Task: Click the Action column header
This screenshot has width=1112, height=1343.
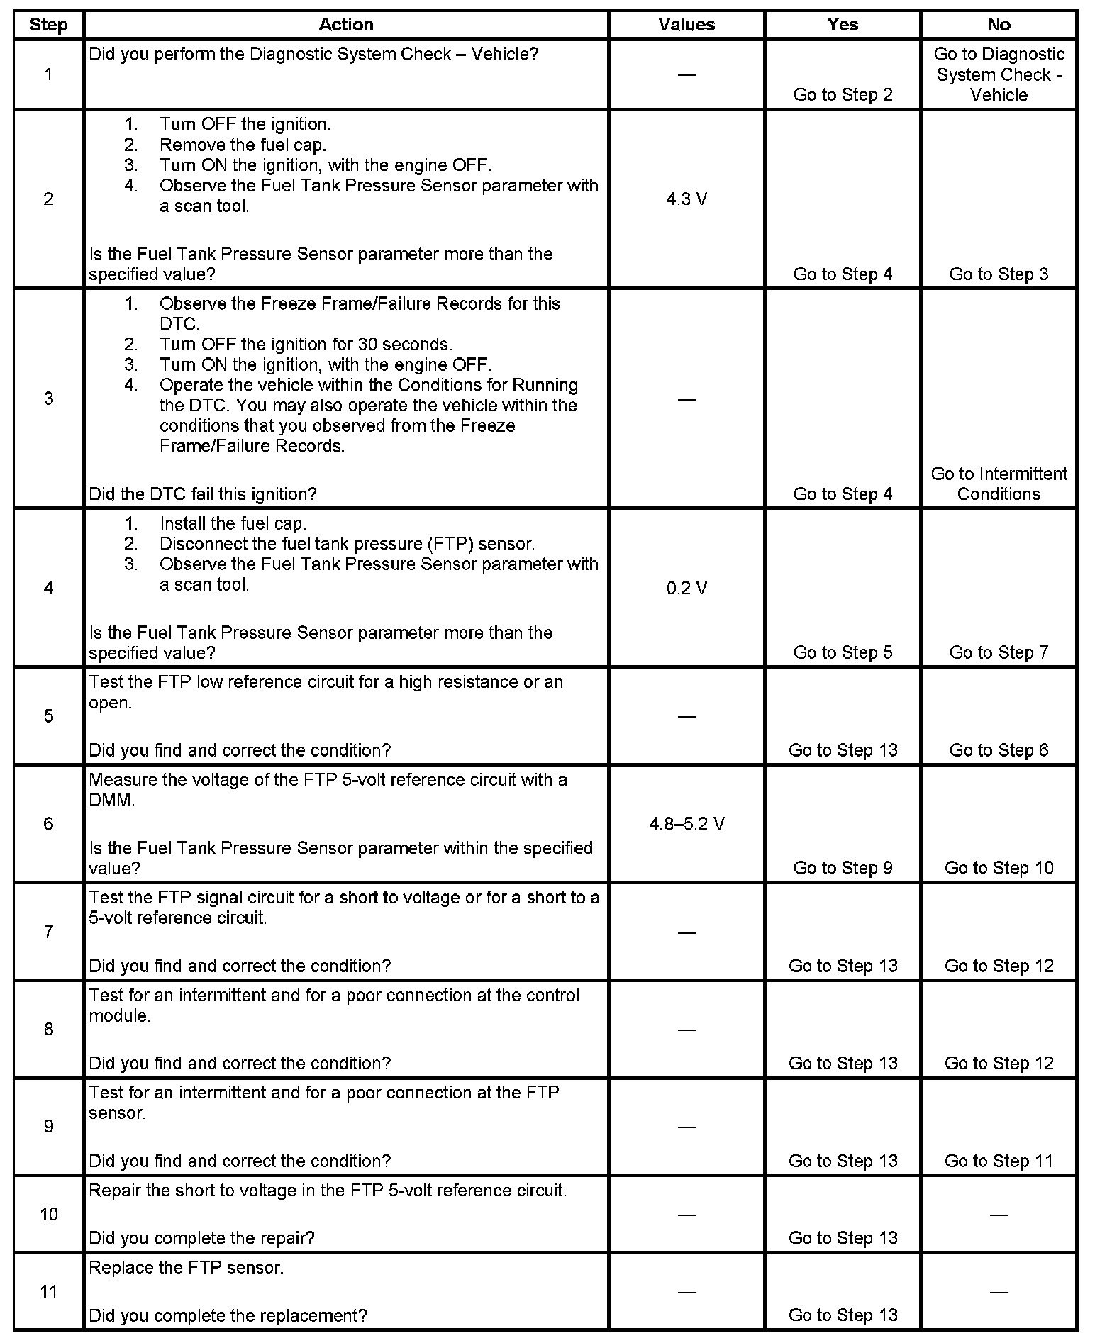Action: [x=345, y=25]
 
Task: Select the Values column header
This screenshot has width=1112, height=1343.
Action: [x=686, y=25]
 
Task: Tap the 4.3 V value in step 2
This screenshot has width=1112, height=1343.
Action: [x=686, y=199]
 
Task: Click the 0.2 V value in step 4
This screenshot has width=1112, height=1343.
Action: [x=686, y=588]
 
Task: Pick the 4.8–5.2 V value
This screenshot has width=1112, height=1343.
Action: [x=686, y=824]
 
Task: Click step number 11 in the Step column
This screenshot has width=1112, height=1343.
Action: [x=48, y=1291]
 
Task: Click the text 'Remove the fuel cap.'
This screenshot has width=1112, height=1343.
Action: [x=243, y=145]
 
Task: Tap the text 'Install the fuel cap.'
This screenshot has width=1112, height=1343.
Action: [x=233, y=523]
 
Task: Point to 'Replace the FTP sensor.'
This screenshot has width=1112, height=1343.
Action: [x=186, y=1267]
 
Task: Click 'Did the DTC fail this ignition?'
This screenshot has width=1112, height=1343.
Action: [x=202, y=494]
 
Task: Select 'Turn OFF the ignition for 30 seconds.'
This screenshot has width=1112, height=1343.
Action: [x=306, y=345]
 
